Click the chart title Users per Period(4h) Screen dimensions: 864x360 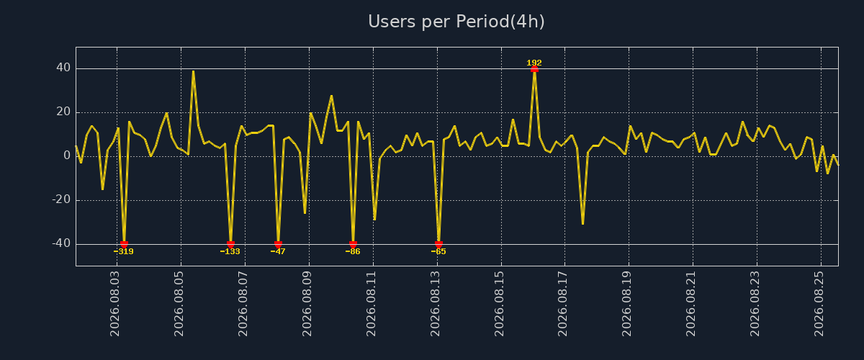point(456,22)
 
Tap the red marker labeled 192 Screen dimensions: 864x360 point(534,69)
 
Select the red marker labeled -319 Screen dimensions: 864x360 point(124,244)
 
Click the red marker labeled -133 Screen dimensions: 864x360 point(230,244)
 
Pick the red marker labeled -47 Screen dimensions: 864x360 point(278,244)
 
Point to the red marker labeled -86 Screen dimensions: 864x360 point(353,244)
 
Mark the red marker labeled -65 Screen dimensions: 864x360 point(438,244)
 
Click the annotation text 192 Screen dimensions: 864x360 point(534,63)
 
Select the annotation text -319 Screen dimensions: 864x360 point(123,251)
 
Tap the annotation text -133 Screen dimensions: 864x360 point(230,251)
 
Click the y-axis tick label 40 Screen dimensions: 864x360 point(63,68)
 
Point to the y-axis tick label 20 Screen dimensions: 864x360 point(63,112)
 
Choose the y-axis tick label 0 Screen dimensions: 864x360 point(67,156)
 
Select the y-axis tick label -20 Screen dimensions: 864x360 point(61,200)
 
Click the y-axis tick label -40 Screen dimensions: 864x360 point(61,244)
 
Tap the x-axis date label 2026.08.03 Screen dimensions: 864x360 point(115,304)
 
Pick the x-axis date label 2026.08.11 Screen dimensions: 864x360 point(371,304)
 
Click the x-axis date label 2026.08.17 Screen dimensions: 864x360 point(563,304)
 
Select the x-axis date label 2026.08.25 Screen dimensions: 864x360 point(819,304)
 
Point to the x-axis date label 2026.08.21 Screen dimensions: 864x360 point(690,304)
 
